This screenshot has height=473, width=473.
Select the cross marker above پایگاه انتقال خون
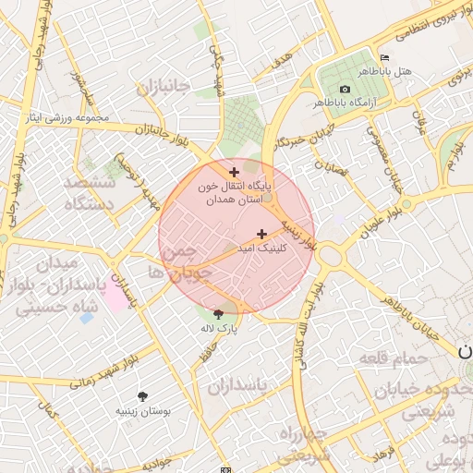pyautogui.click(x=234, y=171)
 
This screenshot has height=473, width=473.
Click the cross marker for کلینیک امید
pyautogui.click(x=261, y=234)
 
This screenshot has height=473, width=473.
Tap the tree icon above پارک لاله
pyautogui.click(x=218, y=314)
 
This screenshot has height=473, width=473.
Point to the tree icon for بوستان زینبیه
pyautogui.click(x=142, y=395)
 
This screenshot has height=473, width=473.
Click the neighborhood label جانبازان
pyautogui.click(x=163, y=89)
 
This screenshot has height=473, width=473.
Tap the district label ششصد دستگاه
pyautogui.click(x=89, y=192)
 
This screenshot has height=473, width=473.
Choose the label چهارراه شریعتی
pyautogui.click(x=304, y=443)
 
